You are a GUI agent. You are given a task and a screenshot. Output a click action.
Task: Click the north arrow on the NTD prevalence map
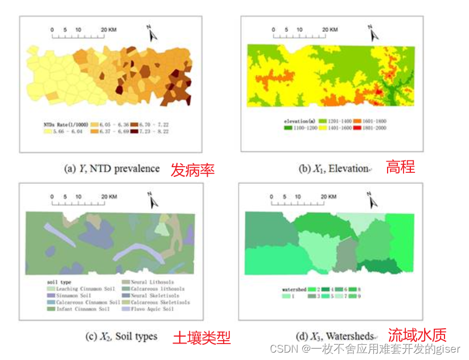[151, 33]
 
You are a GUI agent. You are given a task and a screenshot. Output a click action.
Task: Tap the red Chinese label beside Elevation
[401, 167]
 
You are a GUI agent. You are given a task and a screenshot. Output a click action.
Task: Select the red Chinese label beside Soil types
[201, 337]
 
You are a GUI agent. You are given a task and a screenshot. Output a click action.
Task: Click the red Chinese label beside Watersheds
[417, 335]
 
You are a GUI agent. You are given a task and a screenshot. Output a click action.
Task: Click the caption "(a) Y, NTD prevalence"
[112, 168]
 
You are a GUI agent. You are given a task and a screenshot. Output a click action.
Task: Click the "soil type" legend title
[57, 282]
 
